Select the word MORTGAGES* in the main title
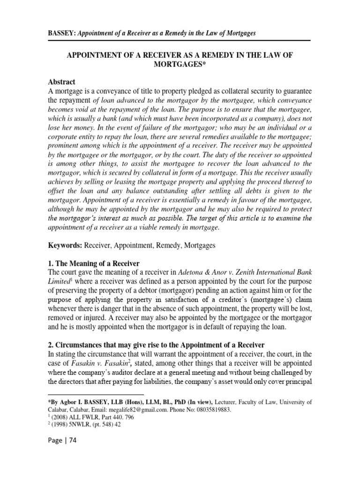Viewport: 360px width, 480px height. (180, 64)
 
